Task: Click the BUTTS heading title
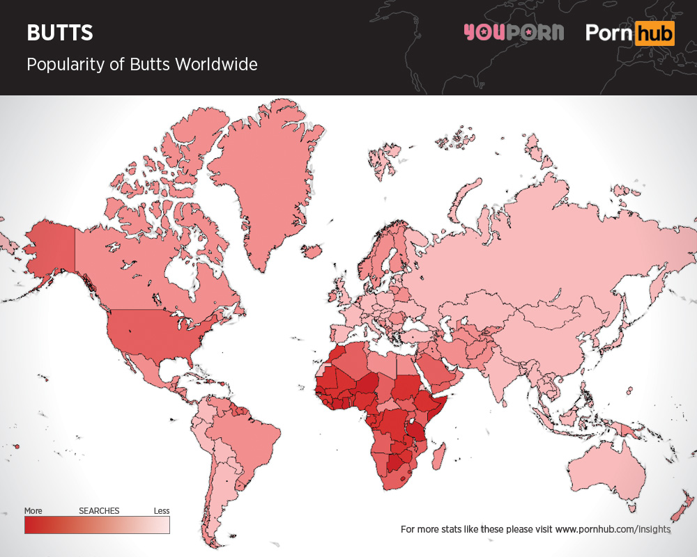[60, 33]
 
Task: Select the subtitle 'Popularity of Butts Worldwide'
[141, 65]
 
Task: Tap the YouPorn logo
[513, 33]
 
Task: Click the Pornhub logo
[630, 33]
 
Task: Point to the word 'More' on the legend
[33, 511]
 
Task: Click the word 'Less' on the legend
[161, 511]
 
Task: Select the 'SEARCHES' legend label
[99, 511]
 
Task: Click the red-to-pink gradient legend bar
[97, 525]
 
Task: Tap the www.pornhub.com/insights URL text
[613, 529]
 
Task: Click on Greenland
[265, 181]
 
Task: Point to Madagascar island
[438, 457]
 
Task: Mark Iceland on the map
[312, 250]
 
